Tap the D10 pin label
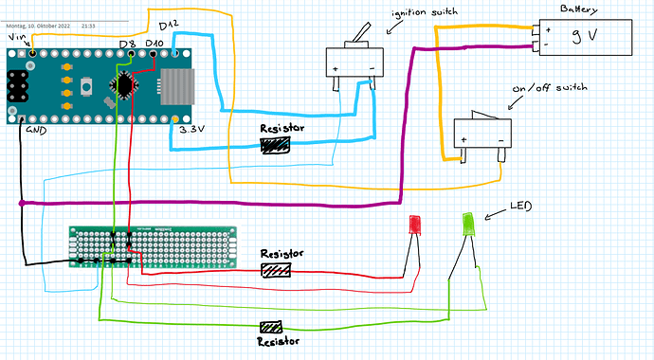click(x=154, y=44)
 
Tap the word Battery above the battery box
click(x=578, y=9)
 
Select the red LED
click(x=414, y=225)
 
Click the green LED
click(x=468, y=224)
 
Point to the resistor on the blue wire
click(x=275, y=145)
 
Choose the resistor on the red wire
click(x=276, y=270)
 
